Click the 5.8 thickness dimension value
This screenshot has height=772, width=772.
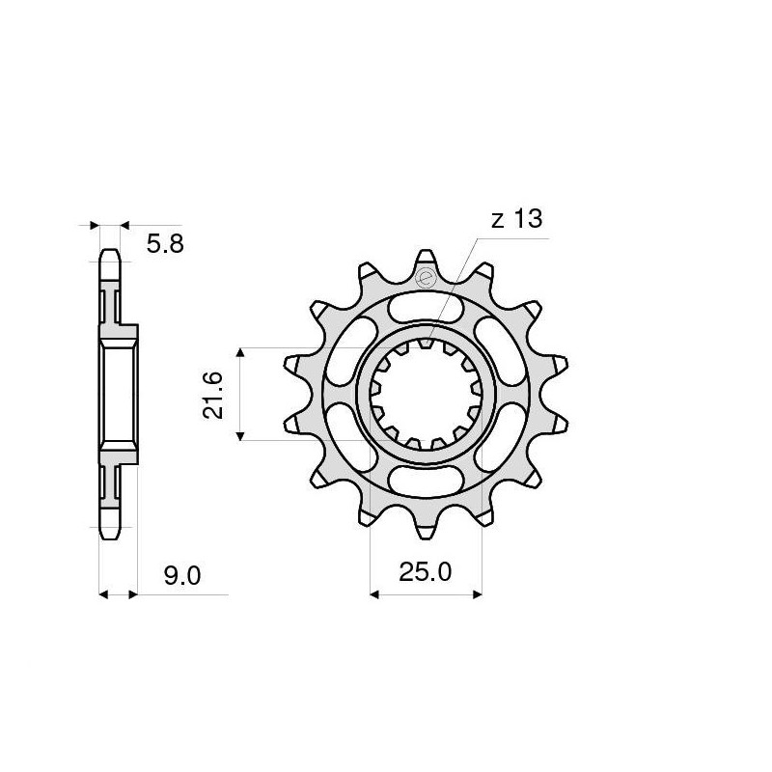click(x=164, y=244)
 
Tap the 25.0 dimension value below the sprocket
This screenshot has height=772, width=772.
click(x=426, y=573)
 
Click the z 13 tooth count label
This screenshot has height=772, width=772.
click(x=516, y=219)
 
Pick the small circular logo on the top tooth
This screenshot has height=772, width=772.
click(x=426, y=280)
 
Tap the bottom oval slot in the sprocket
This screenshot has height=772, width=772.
click(x=426, y=479)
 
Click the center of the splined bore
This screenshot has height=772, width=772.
click(x=426, y=394)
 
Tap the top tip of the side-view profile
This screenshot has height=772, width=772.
click(x=110, y=254)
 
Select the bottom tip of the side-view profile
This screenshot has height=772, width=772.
click(x=110, y=533)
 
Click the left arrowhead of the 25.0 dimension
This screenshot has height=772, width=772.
click(x=375, y=594)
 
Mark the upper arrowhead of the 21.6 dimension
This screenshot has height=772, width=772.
click(x=241, y=353)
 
